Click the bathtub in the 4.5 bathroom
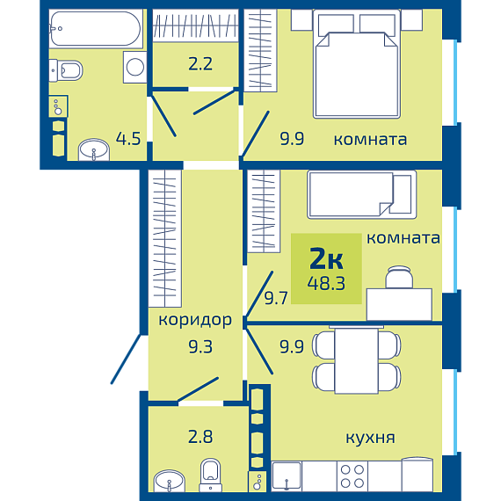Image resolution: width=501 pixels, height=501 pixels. (x=95, y=29)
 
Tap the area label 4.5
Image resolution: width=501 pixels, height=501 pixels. (x=128, y=139)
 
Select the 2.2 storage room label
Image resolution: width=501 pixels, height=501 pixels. (x=200, y=63)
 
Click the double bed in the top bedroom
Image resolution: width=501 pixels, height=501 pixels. (x=357, y=64)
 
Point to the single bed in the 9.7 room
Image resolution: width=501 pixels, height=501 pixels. (x=362, y=194)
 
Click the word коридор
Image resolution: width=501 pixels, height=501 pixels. (x=195, y=320)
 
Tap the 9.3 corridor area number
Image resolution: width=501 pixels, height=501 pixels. (x=200, y=346)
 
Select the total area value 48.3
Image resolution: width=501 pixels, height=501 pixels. (x=326, y=283)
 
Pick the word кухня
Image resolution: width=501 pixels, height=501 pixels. (x=370, y=438)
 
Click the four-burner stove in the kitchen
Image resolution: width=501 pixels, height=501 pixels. (x=352, y=476)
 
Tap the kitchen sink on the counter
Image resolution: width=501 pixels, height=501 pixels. (x=287, y=476)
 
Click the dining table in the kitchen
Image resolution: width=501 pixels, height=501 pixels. (x=357, y=360)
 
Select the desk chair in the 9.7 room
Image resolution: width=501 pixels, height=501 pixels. (x=399, y=277)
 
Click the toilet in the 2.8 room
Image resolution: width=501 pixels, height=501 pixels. (x=211, y=475)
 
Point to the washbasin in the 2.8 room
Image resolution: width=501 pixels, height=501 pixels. (x=169, y=481)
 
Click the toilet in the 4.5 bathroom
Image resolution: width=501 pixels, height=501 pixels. (x=66, y=70)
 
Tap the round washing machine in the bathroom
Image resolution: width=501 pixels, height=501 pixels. (x=135, y=67)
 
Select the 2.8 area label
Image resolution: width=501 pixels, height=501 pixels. (x=200, y=437)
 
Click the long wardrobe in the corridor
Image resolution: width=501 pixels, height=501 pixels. (x=165, y=238)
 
